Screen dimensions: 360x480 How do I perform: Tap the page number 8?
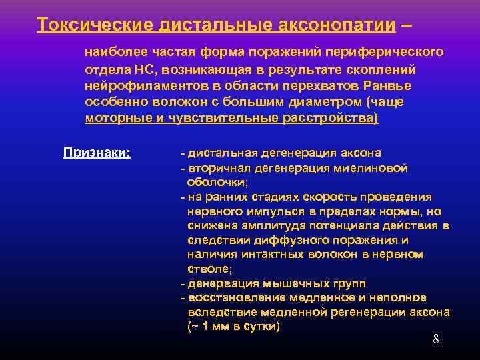tap(436, 339)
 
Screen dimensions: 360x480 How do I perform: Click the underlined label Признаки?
tap(97, 152)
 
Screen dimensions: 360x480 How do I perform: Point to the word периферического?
tap(393, 52)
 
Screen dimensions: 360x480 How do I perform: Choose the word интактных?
tap(271, 255)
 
